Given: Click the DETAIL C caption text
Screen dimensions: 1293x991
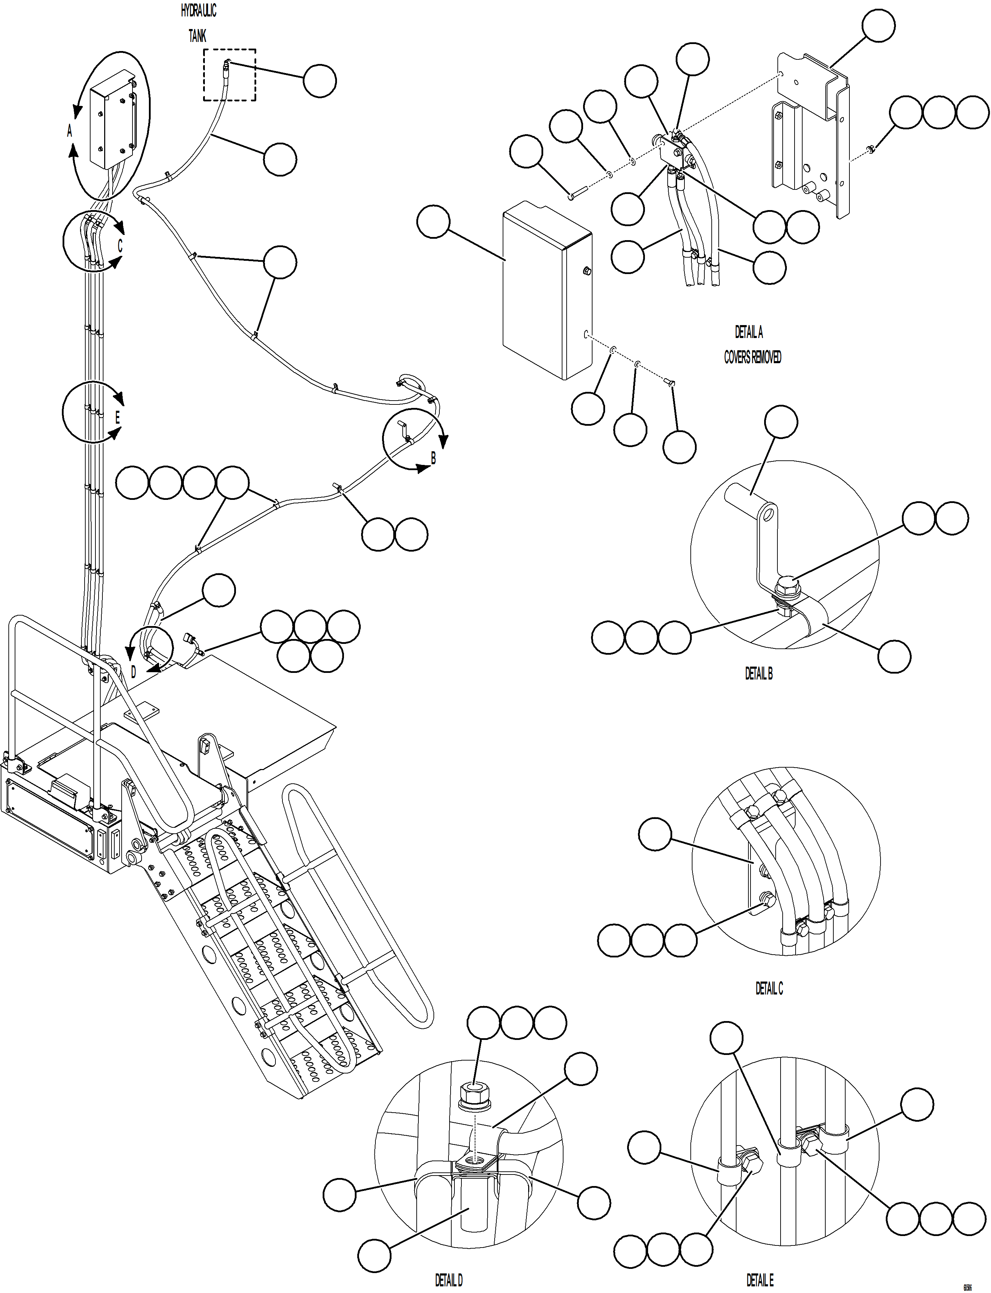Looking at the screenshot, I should click(769, 988).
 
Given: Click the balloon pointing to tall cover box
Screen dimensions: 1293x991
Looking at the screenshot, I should click(433, 222).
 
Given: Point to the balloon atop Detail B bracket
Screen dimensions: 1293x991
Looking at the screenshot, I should click(781, 422).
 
